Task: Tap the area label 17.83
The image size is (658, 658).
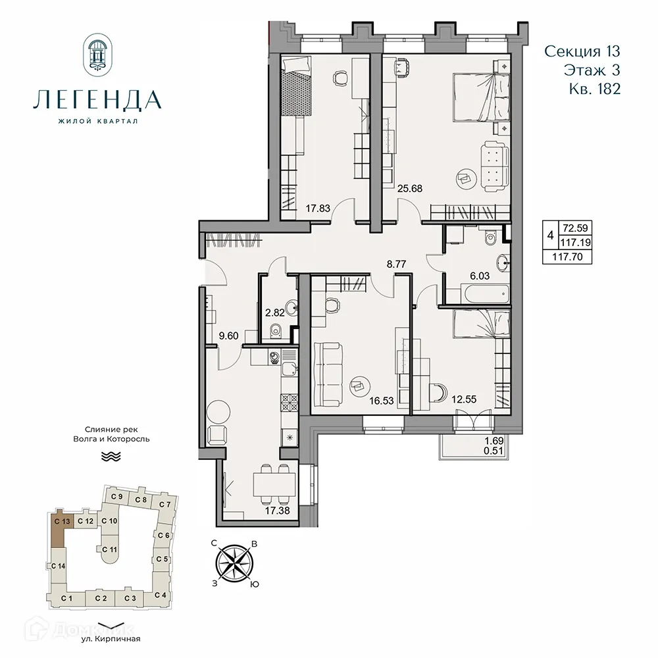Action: click(x=318, y=209)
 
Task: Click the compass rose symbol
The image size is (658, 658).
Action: click(x=235, y=563)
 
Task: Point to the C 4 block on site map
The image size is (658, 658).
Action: click(x=159, y=595)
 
